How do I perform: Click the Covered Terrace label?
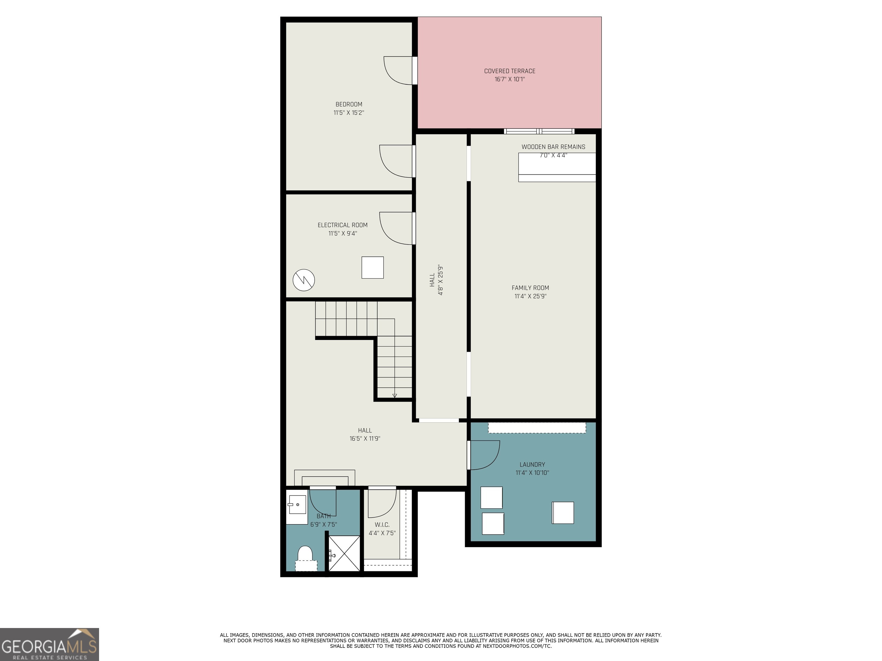click(510, 71)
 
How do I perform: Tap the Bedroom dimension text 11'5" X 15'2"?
click(349, 113)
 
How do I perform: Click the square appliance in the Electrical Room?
click(372, 267)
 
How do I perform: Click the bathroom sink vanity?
click(296, 509)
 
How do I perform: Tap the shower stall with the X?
click(344, 553)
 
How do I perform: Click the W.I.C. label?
click(382, 525)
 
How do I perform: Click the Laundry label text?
click(532, 464)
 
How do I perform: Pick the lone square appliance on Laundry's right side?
click(563, 513)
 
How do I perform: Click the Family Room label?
click(530, 288)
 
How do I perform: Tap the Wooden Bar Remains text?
click(553, 147)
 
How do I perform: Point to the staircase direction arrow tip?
click(395, 396)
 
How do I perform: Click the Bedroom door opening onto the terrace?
click(399, 71)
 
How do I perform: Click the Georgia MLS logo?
click(49, 644)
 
